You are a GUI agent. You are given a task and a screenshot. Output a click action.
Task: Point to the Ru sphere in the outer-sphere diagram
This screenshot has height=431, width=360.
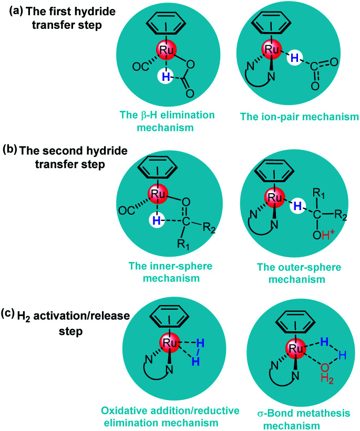[271, 198]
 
